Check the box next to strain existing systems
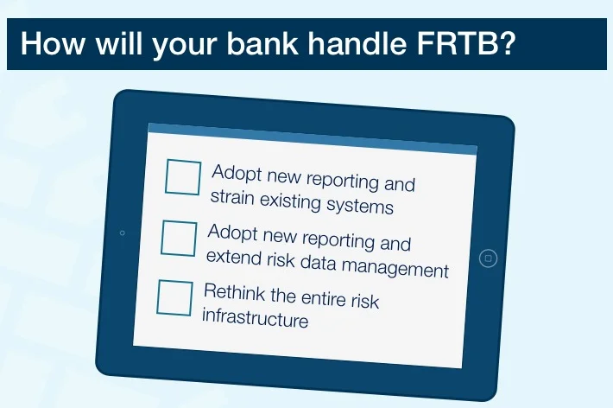pyautogui.click(x=182, y=177)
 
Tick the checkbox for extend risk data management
pyautogui.click(x=179, y=238)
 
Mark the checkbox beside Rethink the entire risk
pyautogui.click(x=174, y=297)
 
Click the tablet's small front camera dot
pyautogui.click(x=122, y=233)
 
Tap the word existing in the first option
pyautogui.click(x=293, y=201)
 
